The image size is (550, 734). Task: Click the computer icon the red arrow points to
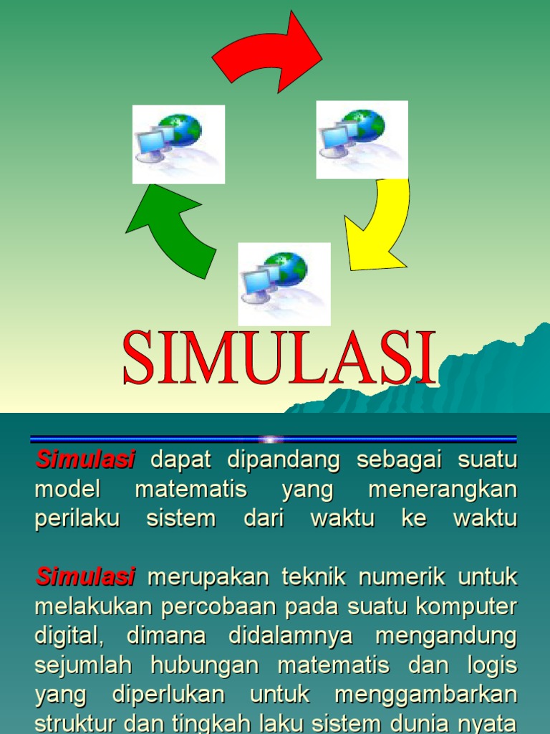(x=362, y=139)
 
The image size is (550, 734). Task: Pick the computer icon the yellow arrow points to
(x=284, y=283)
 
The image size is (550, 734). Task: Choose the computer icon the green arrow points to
(x=178, y=144)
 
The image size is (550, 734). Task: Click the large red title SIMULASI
(x=279, y=358)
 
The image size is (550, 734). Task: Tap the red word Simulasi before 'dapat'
(x=85, y=460)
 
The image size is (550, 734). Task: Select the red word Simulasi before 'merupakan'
(x=85, y=576)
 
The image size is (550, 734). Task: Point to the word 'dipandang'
(x=284, y=460)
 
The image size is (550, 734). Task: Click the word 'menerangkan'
(x=442, y=490)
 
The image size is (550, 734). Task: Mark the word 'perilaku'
(x=77, y=518)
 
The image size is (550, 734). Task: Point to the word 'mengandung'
(x=446, y=635)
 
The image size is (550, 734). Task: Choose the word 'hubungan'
(x=206, y=664)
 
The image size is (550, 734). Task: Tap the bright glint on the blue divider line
(x=271, y=439)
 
